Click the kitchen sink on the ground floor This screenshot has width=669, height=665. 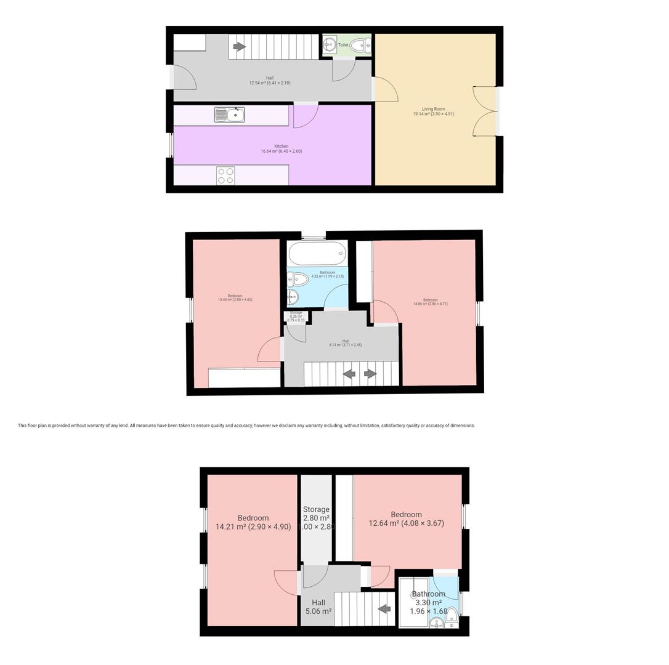coord(230,115)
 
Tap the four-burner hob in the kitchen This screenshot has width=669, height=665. coord(225,175)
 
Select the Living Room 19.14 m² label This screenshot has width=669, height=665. coord(433,111)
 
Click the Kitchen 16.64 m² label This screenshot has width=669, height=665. coord(281,148)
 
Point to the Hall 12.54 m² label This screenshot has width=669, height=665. coord(270,80)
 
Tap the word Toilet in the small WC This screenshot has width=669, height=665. coord(343,45)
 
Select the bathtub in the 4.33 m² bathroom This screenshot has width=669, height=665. coord(317,253)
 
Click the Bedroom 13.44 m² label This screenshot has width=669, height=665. coord(235,298)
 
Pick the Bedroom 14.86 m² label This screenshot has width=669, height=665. coord(430,302)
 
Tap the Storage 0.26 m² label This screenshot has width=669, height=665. coord(296,316)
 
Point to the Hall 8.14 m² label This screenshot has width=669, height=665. coord(345,343)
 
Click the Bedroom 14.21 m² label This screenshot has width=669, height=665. coord(253,522)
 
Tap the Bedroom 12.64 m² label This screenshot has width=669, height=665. coord(406,518)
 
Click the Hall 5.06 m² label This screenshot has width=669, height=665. coord(318,607)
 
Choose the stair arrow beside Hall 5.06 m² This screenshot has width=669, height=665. coord(384,609)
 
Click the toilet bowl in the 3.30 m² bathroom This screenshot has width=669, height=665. coord(452,615)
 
